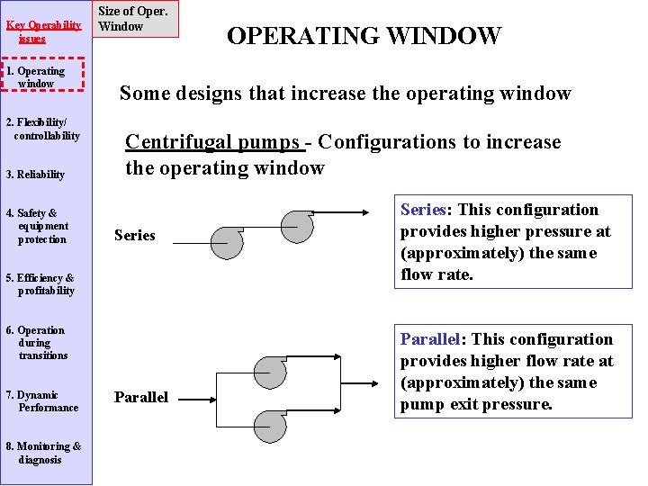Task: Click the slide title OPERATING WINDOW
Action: pos(364,36)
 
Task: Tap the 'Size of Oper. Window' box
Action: pos(133,19)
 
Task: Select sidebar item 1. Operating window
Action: pos(42,77)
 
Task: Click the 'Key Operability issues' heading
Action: pos(43,31)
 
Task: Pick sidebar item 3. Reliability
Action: pos(35,175)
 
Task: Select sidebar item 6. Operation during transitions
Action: pos(40,343)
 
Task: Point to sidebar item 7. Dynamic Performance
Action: pos(43,401)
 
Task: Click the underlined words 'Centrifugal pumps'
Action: pos(211,142)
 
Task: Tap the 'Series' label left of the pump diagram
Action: pos(135,236)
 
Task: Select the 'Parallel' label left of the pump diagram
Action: pos(141,398)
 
